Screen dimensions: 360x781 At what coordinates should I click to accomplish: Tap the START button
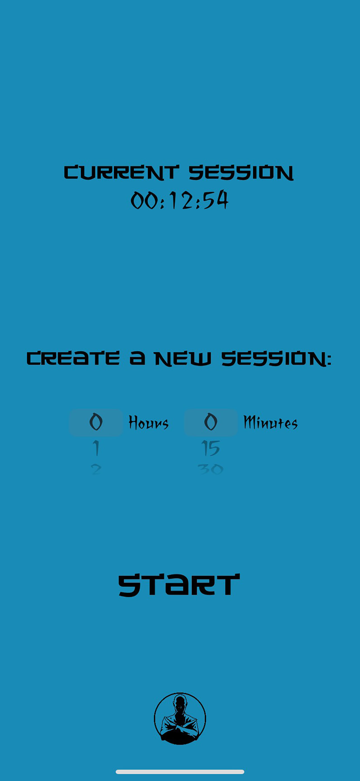pyautogui.click(x=179, y=585)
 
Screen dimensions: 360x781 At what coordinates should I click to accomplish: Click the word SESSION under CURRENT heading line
pyautogui.click(x=241, y=173)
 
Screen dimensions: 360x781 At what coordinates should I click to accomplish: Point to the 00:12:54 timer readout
pyautogui.click(x=179, y=200)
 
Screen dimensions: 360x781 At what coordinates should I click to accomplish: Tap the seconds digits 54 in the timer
pyautogui.click(x=216, y=200)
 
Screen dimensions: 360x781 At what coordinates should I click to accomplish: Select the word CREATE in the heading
pyautogui.click(x=73, y=358)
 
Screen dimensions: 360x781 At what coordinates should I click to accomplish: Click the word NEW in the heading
pyautogui.click(x=183, y=359)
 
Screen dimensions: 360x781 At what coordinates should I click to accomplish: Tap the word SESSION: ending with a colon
pyautogui.click(x=276, y=359)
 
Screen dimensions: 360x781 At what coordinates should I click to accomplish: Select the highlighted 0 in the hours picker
pyautogui.click(x=96, y=422)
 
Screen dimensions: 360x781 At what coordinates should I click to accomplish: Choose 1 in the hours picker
pyautogui.click(x=96, y=448)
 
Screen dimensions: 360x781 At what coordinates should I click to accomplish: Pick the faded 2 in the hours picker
pyautogui.click(x=96, y=470)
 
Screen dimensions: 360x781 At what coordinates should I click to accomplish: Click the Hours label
pyautogui.click(x=148, y=423)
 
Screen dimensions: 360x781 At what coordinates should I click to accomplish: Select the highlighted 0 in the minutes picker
pyautogui.click(x=211, y=422)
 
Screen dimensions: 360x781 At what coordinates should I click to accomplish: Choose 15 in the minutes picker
pyautogui.click(x=211, y=448)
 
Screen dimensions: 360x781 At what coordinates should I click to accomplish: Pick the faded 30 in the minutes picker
pyautogui.click(x=211, y=470)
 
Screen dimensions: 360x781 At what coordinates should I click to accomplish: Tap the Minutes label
pyautogui.click(x=271, y=423)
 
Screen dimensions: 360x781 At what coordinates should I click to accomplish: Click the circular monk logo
pyautogui.click(x=180, y=718)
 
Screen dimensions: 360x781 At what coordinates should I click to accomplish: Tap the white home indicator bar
pyautogui.click(x=180, y=772)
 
